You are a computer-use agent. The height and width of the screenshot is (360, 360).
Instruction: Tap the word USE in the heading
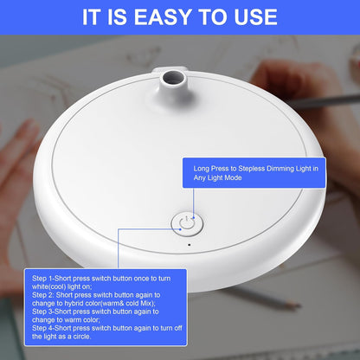[255, 17]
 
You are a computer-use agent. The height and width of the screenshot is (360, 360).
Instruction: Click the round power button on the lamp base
[187, 224]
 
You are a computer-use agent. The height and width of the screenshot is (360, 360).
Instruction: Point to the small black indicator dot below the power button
[190, 245]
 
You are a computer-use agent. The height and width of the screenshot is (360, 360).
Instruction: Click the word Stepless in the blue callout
[251, 169]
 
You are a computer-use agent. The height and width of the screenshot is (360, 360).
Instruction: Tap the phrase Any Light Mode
[217, 177]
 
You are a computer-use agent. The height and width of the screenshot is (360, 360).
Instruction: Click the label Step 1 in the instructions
[42, 279]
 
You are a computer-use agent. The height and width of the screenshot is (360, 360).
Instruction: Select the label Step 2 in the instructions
[42, 295]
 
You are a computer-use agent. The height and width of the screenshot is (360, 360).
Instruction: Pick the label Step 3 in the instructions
[42, 312]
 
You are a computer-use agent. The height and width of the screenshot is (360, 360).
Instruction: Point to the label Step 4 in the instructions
[42, 328]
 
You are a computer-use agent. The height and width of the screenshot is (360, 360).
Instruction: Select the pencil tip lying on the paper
[298, 305]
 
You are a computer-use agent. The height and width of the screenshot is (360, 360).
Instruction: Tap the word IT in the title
[92, 17]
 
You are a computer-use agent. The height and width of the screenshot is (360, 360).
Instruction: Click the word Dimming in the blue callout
[280, 169]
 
